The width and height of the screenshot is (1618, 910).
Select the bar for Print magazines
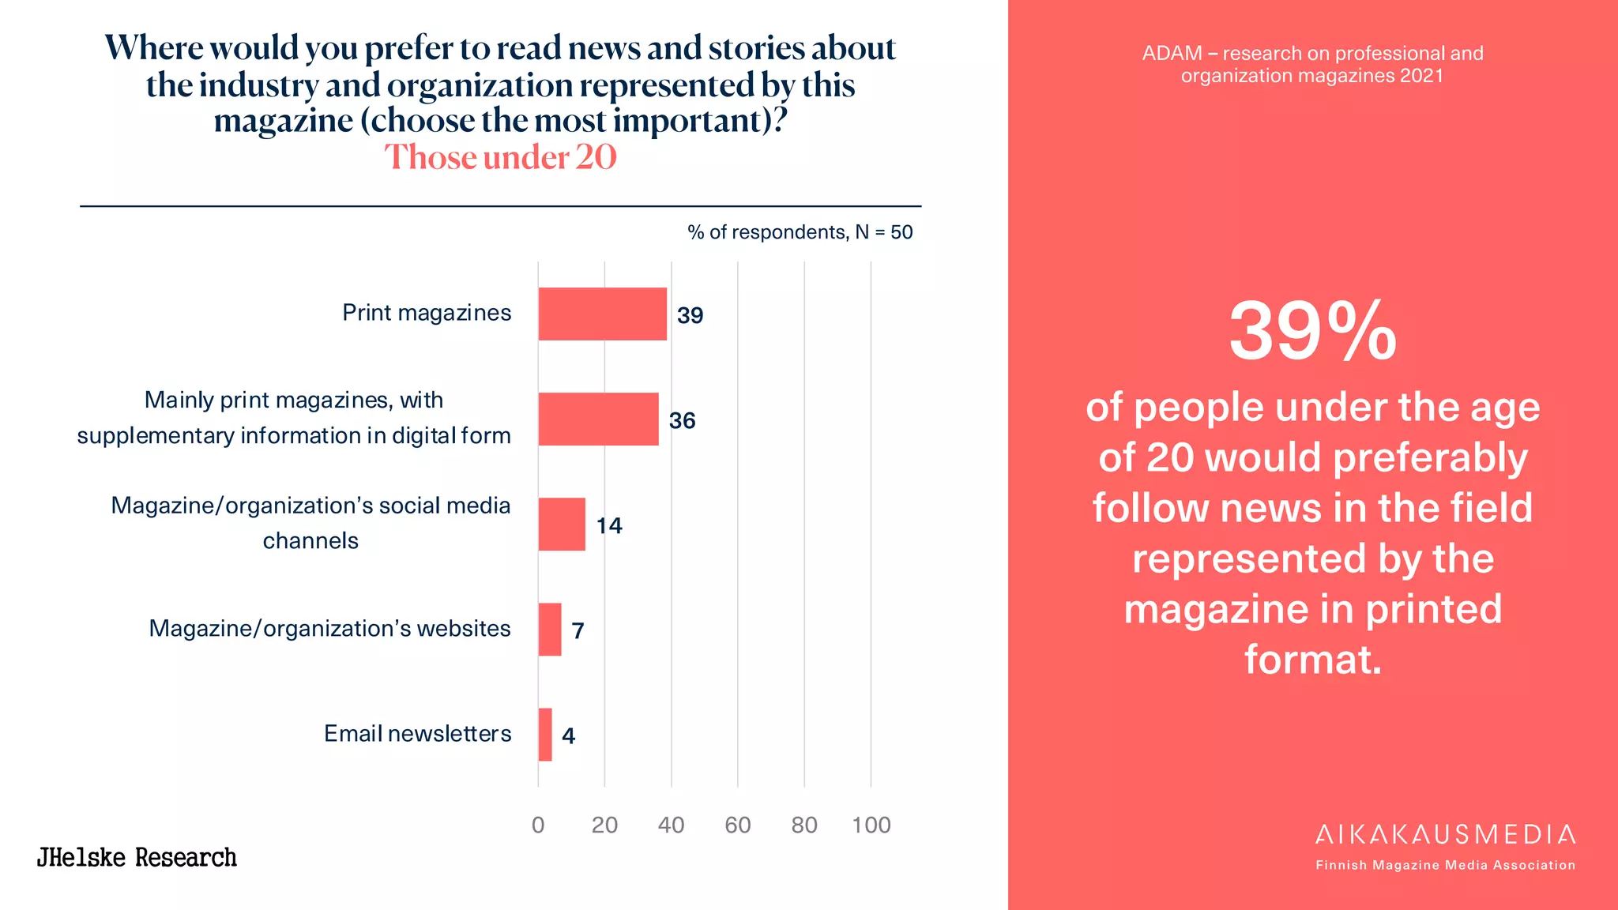[602, 314]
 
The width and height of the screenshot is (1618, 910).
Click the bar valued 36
[598, 419]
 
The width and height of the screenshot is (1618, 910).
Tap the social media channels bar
[562, 524]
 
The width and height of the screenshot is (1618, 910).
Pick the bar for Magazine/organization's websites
[550, 630]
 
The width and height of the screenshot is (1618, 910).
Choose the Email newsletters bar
[545, 735]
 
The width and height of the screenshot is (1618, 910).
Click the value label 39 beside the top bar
[690, 315]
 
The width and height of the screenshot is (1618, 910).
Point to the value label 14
[609, 525]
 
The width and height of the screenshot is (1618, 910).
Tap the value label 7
[578, 630]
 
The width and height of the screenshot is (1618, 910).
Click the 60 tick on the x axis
[737, 825]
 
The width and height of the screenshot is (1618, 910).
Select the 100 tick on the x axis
[871, 825]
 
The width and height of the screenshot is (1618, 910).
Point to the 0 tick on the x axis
[538, 825]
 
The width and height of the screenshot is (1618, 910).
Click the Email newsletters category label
[417, 733]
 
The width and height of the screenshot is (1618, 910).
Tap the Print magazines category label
[427, 313]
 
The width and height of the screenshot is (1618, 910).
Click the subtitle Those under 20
[500, 157]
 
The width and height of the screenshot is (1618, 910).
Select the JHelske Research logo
[137, 857]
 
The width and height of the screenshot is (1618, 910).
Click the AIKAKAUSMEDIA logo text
[1445, 834]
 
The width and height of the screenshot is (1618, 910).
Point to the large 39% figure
[1312, 332]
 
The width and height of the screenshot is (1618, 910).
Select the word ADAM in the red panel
[1171, 54]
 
